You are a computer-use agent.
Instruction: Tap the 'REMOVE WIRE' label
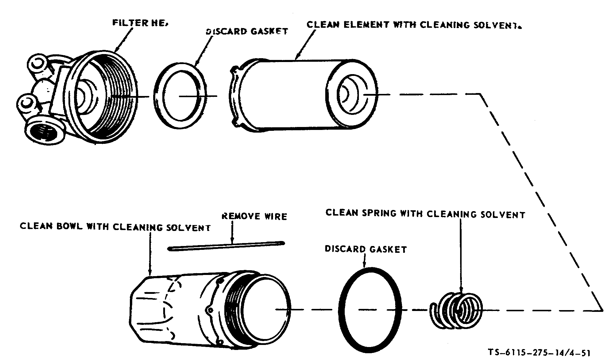tap(254, 216)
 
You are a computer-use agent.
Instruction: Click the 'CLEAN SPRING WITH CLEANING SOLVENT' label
tap(425, 214)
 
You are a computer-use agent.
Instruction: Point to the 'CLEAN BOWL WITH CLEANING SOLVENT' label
tap(115, 227)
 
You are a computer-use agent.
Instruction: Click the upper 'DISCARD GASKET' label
tap(246, 31)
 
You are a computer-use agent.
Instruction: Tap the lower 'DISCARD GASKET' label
tap(366, 249)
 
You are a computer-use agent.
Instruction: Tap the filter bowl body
tap(177, 310)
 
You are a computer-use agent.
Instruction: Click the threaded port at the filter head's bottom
tap(44, 130)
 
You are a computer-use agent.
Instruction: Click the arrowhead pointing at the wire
tap(232, 241)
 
